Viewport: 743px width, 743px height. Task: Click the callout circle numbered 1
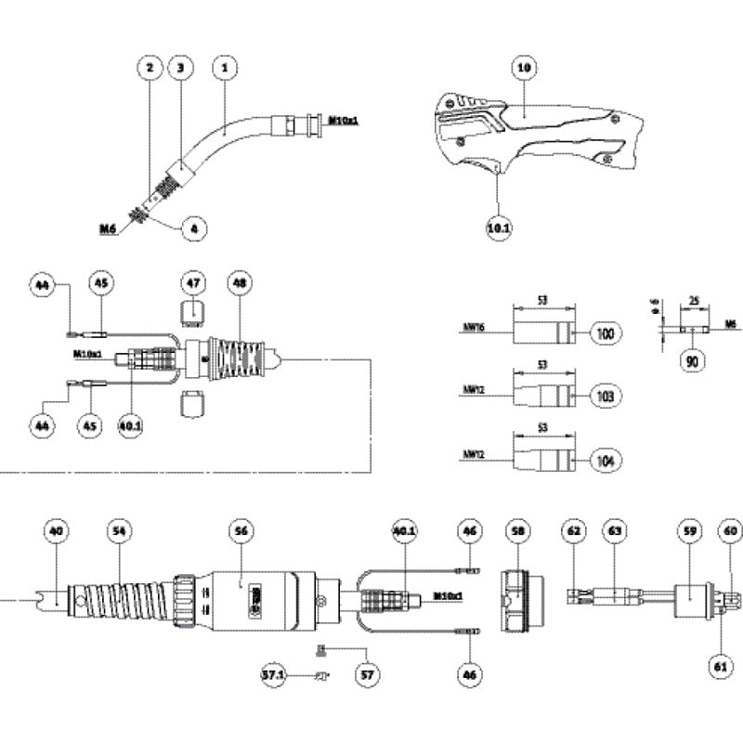click(226, 68)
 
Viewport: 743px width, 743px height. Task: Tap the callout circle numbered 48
click(239, 282)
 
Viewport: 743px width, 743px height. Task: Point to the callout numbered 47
click(191, 282)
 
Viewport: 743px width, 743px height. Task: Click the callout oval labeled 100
click(605, 332)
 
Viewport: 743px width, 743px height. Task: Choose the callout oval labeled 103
click(605, 397)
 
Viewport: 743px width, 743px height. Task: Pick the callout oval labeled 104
click(605, 460)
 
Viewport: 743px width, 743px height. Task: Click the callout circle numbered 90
click(689, 358)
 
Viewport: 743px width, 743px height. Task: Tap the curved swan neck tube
click(232, 135)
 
